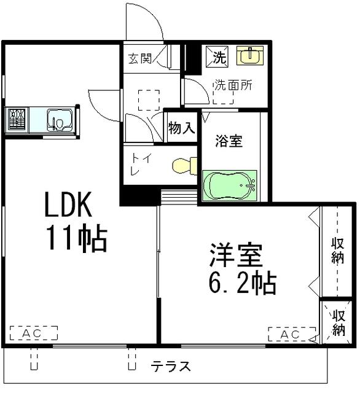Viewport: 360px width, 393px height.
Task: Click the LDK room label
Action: coord(68,205)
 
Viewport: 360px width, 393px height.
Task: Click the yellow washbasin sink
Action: coord(249,56)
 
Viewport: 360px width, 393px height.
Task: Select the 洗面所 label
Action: coord(233,85)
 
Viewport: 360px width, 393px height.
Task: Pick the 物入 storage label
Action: coord(181,128)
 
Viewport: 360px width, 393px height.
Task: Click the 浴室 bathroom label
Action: coord(228,141)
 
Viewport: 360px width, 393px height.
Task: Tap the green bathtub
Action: coord(229,185)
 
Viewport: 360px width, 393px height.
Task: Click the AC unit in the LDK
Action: coord(33,333)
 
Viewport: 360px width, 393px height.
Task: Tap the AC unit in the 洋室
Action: coord(292,335)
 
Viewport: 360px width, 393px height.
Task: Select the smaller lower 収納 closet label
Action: coord(338,322)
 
